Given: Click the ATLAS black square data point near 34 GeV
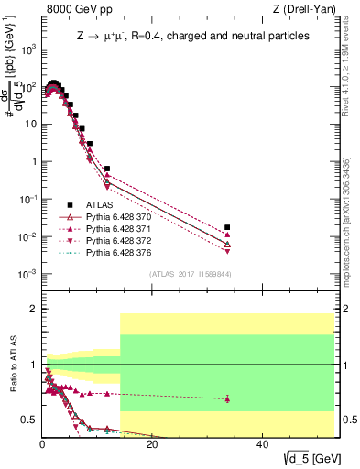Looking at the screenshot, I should click(227, 226).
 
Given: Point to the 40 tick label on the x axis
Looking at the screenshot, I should click(262, 445).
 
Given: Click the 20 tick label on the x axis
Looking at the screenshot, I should click(152, 445).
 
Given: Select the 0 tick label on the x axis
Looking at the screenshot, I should click(43, 445).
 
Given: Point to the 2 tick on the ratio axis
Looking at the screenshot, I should click(35, 309).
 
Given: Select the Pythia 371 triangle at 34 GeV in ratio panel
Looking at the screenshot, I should click(227, 398).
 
